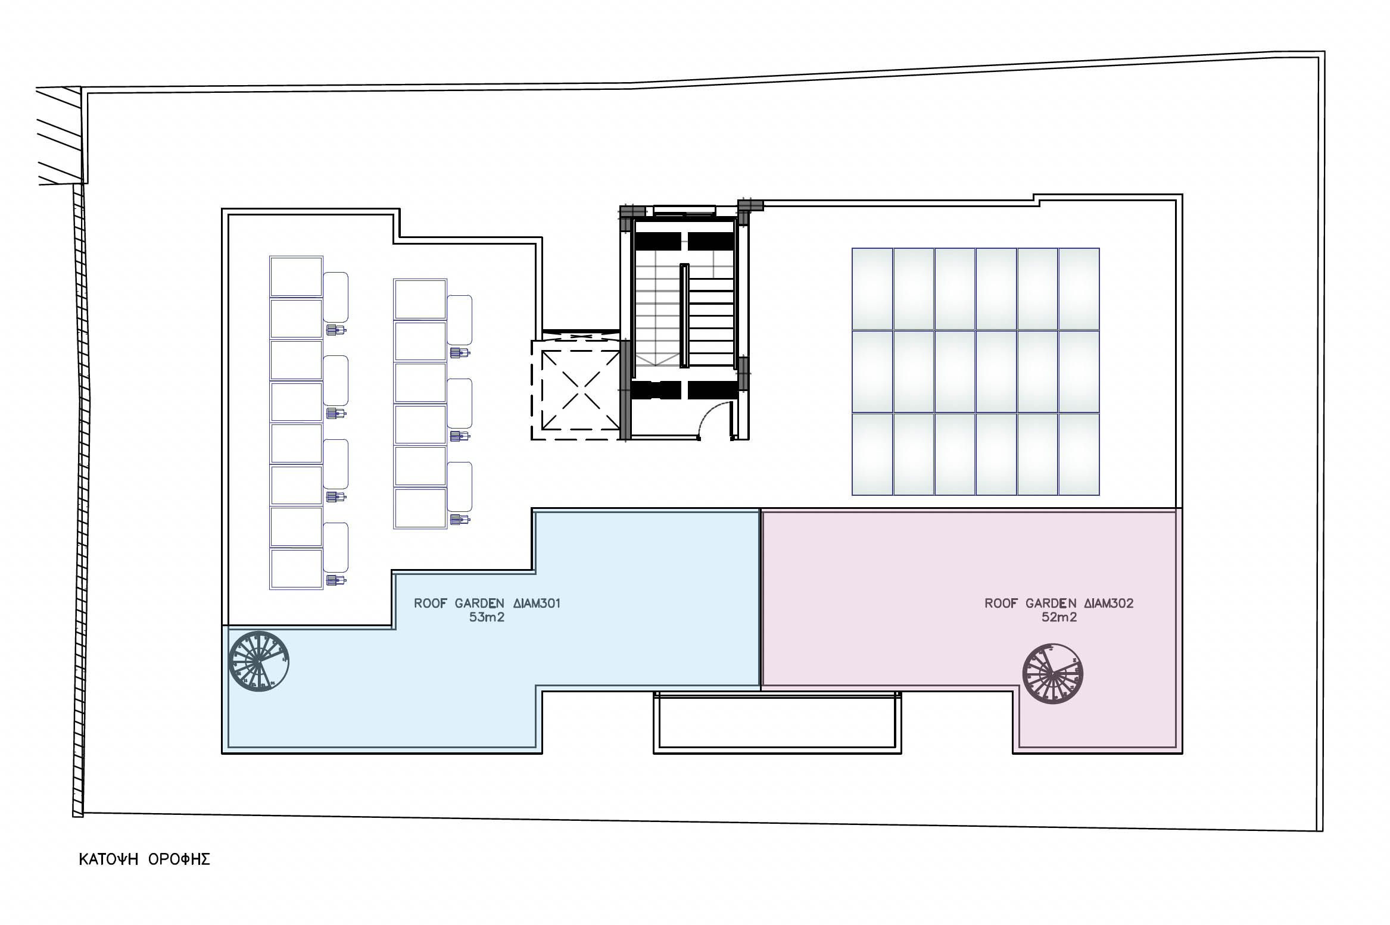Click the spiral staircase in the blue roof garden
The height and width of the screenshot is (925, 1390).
click(259, 661)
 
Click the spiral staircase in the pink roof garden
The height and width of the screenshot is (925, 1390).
click(1052, 674)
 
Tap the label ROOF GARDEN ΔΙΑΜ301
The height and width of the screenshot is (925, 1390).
click(487, 603)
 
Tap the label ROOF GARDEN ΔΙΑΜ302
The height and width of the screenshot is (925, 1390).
click(1059, 603)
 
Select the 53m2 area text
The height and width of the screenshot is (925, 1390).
click(487, 617)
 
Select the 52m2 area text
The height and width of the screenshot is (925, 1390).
click(1059, 617)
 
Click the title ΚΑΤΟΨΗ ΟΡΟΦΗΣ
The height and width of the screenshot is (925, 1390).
click(145, 860)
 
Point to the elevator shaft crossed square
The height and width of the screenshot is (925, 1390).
click(581, 390)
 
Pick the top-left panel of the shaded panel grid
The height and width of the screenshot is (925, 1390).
click(872, 289)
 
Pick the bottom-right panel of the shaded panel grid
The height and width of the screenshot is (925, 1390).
click(1079, 454)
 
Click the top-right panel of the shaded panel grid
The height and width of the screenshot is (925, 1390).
click(1079, 289)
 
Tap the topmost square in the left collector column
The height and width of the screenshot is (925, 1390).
click(296, 277)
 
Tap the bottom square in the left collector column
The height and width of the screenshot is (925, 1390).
click(296, 569)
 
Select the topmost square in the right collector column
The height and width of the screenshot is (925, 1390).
click(420, 299)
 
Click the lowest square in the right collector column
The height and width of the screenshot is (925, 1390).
click(420, 508)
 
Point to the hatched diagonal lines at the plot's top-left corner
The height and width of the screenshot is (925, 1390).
click(60, 136)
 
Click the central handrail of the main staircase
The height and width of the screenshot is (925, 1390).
click(684, 316)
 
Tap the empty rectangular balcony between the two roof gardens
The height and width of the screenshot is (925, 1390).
click(777, 722)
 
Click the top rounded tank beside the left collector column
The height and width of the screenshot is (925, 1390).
click(336, 297)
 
